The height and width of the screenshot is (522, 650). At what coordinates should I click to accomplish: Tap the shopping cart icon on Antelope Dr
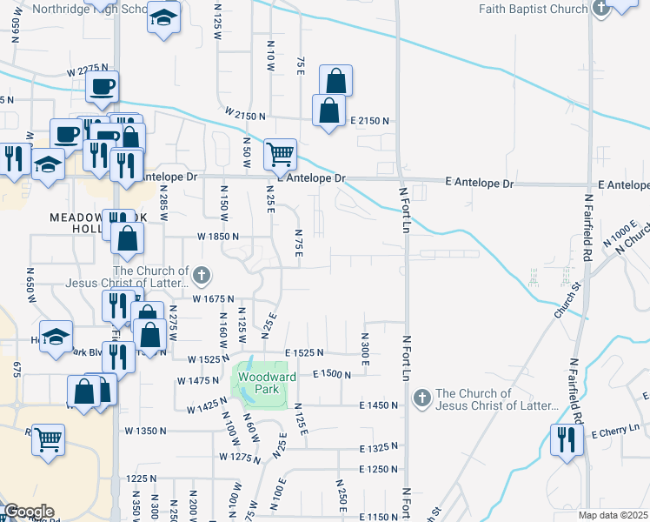[280, 156]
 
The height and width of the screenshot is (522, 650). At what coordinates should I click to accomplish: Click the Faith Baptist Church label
[534, 9]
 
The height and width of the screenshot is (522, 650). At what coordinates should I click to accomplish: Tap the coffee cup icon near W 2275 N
[103, 87]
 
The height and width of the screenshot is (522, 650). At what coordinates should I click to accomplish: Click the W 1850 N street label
[217, 237]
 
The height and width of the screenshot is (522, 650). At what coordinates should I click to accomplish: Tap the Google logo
[28, 512]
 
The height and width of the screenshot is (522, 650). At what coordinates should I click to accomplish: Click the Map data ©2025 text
[614, 515]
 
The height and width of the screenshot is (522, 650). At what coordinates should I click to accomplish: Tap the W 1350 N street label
[145, 431]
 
